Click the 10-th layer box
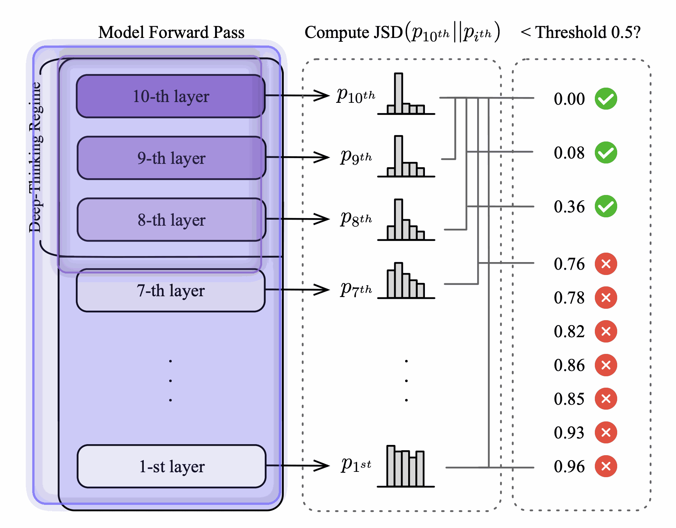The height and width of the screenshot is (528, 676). [x=171, y=96]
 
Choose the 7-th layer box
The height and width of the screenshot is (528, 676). [x=171, y=291]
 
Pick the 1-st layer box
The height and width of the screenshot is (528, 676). [x=171, y=466]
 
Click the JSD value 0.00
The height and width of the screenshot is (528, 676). [x=569, y=99]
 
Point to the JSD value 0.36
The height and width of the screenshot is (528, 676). [x=569, y=207]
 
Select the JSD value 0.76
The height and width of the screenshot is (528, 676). [x=569, y=264]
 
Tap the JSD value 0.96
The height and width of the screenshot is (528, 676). [x=569, y=467]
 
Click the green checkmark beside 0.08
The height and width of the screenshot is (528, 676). [x=606, y=152]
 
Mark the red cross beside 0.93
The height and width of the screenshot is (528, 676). [x=606, y=432]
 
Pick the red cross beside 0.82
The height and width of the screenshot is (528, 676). [x=606, y=332]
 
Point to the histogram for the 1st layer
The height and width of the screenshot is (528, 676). [x=406, y=467]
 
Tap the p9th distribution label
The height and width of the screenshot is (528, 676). [x=356, y=156]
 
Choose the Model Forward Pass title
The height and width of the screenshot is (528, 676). [x=171, y=33]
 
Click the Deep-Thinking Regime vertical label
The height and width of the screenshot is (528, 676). [x=35, y=157]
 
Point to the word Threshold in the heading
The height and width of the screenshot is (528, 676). [x=571, y=33]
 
